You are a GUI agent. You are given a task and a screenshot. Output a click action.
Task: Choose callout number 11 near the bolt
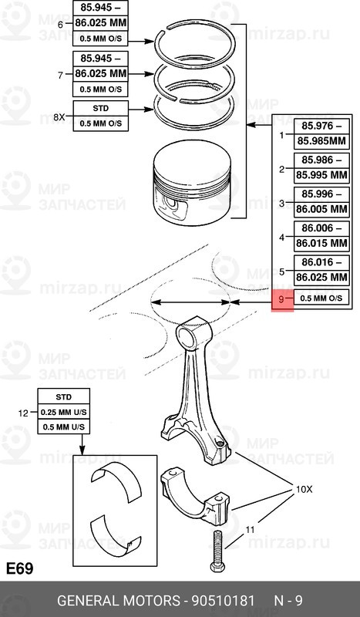pyautogui.click(x=249, y=531)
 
